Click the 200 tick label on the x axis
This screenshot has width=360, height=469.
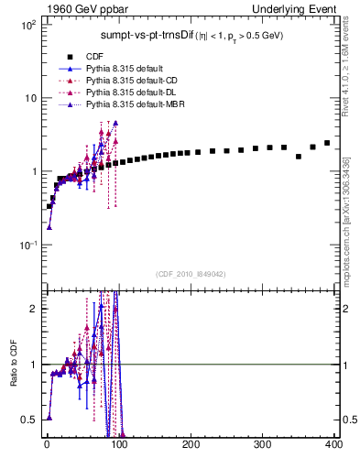pyautogui.click(x=191, y=445)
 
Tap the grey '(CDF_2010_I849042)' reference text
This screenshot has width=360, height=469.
pyautogui.click(x=191, y=273)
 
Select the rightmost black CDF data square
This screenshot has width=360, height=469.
pyautogui.click(x=327, y=143)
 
